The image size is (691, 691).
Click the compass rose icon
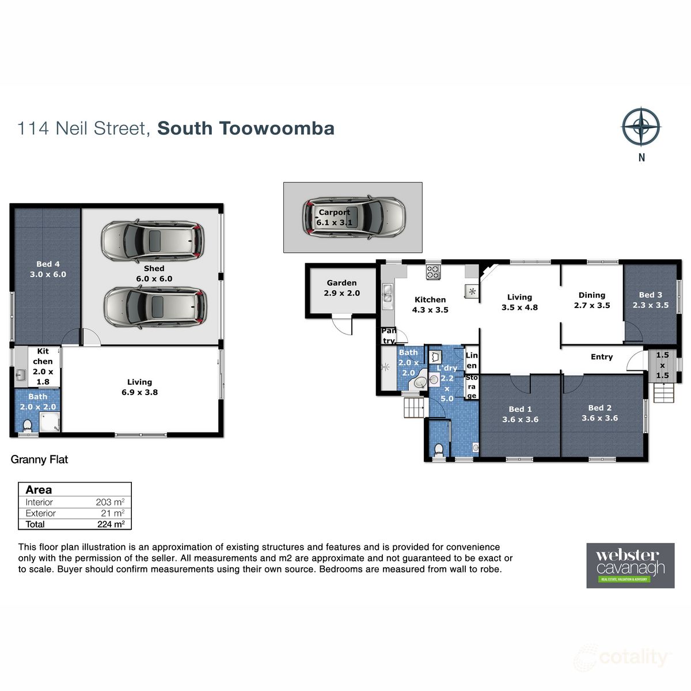point(641,127)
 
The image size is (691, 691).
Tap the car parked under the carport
point(354,217)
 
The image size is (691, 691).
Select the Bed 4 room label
point(48,269)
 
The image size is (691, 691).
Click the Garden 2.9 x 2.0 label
point(341,288)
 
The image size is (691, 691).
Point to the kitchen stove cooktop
point(433,271)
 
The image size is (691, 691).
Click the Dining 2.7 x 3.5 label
point(591,300)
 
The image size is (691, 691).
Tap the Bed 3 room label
point(651,300)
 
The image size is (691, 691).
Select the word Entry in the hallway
point(601,357)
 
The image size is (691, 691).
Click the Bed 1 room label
point(520,414)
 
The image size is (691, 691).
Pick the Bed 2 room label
point(599,413)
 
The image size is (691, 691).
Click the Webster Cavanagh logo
point(630,565)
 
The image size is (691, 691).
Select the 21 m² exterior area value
point(112,513)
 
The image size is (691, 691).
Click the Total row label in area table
point(35,524)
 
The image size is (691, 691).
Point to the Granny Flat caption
point(39,460)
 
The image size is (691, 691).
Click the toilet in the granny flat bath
point(26,426)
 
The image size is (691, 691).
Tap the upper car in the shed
point(153,240)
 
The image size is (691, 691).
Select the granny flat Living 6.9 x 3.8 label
point(139,387)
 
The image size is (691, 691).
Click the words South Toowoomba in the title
point(246,128)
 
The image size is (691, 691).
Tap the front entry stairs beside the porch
point(663,393)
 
